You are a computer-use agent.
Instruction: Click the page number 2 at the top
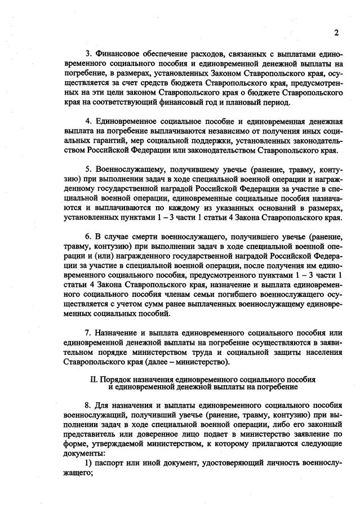coord(336,33)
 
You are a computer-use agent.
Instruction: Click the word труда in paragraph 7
coord(214,352)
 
